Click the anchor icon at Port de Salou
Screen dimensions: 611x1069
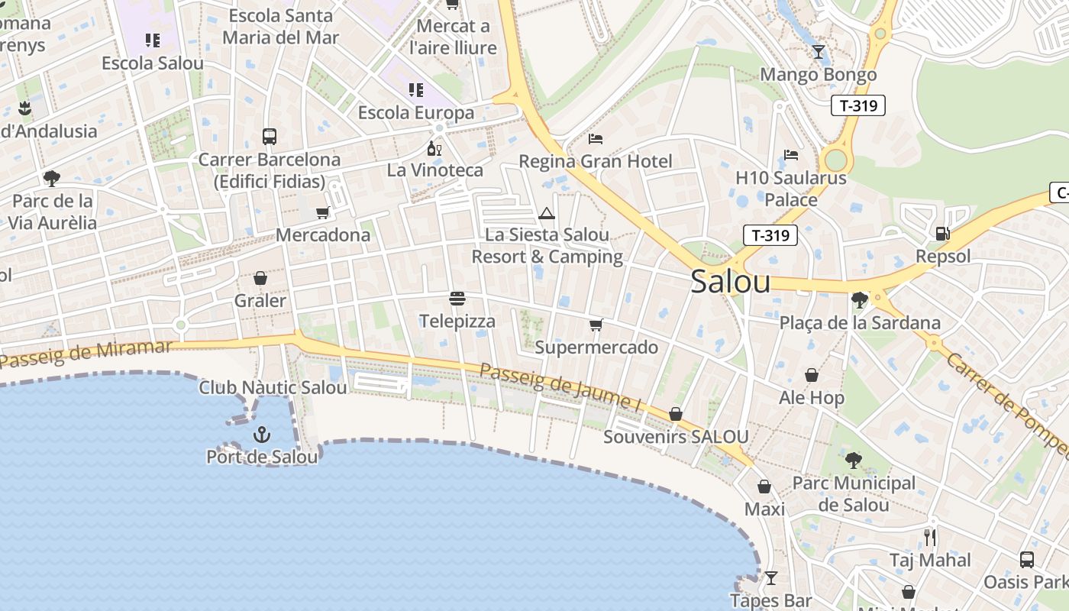tap(262, 435)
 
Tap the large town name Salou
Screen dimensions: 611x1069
tap(730, 282)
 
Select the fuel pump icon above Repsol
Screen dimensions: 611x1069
tap(943, 234)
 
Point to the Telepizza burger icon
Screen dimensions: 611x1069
tap(457, 299)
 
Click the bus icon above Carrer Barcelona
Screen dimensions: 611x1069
tap(269, 137)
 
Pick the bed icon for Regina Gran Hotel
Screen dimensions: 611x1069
tap(596, 139)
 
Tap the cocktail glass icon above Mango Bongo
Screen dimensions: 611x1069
tap(819, 52)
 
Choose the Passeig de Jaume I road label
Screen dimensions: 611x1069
tap(560, 388)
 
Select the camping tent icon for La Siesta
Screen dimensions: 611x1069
tap(546, 213)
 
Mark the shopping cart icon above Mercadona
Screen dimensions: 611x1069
tap(323, 212)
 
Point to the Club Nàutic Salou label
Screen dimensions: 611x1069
tap(273, 387)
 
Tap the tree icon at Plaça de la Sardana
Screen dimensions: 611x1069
tap(859, 299)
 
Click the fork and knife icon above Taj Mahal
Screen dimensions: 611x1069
tap(930, 537)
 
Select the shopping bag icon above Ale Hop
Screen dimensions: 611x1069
tap(811, 375)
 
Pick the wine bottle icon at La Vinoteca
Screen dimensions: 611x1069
tap(434, 148)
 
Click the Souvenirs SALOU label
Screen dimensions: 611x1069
tap(676, 437)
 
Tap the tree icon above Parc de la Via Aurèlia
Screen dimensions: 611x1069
tap(52, 179)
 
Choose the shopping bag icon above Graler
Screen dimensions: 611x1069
tap(260, 278)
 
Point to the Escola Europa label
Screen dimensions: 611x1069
tap(416, 113)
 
